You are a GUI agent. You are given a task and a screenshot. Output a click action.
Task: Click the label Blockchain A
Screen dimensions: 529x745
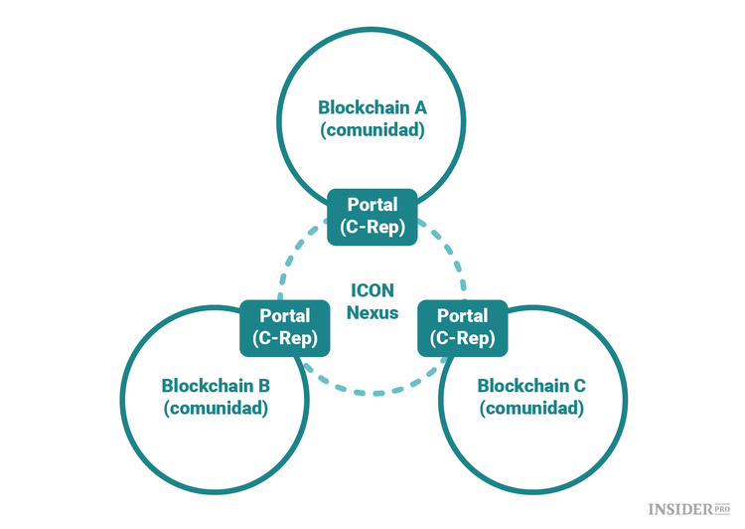pyautogui.click(x=372, y=107)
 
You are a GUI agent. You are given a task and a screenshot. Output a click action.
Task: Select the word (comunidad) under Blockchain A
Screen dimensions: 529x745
pyautogui.click(x=372, y=130)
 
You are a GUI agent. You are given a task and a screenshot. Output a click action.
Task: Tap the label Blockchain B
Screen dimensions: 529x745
pyautogui.click(x=216, y=385)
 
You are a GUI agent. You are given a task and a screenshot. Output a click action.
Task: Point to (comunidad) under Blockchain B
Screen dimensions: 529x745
pyautogui.click(x=216, y=408)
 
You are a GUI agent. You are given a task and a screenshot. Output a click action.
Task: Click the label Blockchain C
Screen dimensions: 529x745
pyautogui.click(x=530, y=385)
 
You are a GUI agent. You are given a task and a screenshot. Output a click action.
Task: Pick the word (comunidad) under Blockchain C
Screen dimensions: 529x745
pyautogui.click(x=530, y=408)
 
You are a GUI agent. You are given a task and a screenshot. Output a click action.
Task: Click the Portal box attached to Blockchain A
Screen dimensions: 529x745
pyautogui.click(x=372, y=216)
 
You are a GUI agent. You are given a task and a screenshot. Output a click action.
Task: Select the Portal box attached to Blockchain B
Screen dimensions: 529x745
pyautogui.click(x=285, y=327)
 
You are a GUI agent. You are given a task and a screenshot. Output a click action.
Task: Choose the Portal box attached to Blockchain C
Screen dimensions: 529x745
pyautogui.click(x=462, y=327)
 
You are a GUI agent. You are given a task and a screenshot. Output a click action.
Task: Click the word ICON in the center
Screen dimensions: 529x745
pyautogui.click(x=372, y=291)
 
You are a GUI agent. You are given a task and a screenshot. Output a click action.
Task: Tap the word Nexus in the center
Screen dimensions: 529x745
pyautogui.click(x=372, y=313)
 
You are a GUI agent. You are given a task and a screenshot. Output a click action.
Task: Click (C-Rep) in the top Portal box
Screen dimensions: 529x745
pyautogui.click(x=372, y=228)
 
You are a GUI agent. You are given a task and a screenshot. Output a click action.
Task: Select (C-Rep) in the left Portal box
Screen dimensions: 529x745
pyautogui.click(x=285, y=339)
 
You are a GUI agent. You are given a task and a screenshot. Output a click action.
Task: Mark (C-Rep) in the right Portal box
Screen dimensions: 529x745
pyautogui.click(x=462, y=339)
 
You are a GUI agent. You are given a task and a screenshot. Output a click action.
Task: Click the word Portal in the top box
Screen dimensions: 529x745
pyautogui.click(x=372, y=205)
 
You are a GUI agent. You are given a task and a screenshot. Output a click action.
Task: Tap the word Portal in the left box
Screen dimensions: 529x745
pyautogui.click(x=285, y=316)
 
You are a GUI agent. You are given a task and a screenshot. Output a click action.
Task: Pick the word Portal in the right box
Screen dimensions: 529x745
pyautogui.click(x=462, y=316)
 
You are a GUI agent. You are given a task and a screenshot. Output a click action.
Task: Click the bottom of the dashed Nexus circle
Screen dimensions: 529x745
pyautogui.click(x=372, y=393)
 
